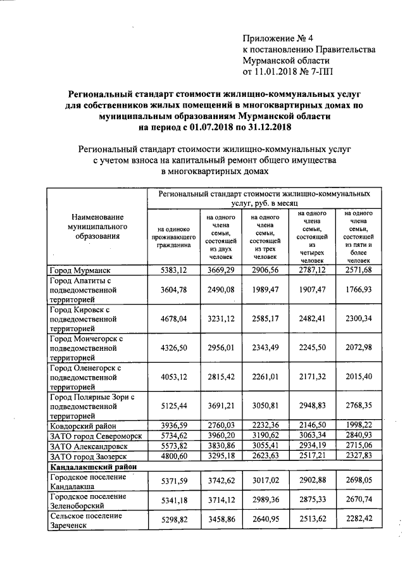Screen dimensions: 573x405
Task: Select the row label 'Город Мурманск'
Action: click(x=79, y=271)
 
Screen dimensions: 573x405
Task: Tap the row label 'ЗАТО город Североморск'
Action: click(x=95, y=436)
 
